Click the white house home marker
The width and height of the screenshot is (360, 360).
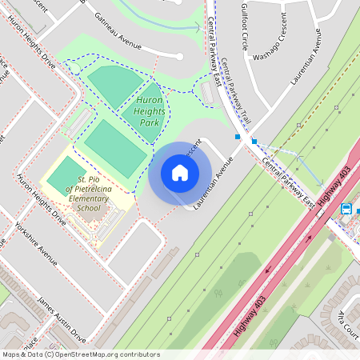click(180, 173)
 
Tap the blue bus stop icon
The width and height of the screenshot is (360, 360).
click(346, 209)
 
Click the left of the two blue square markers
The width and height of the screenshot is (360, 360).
click(238, 137)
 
